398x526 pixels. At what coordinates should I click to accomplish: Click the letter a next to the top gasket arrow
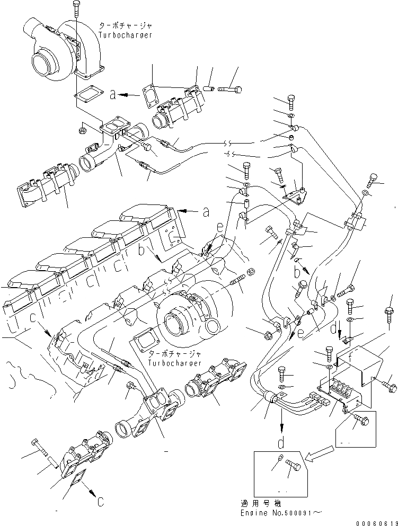[x=112, y=95]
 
